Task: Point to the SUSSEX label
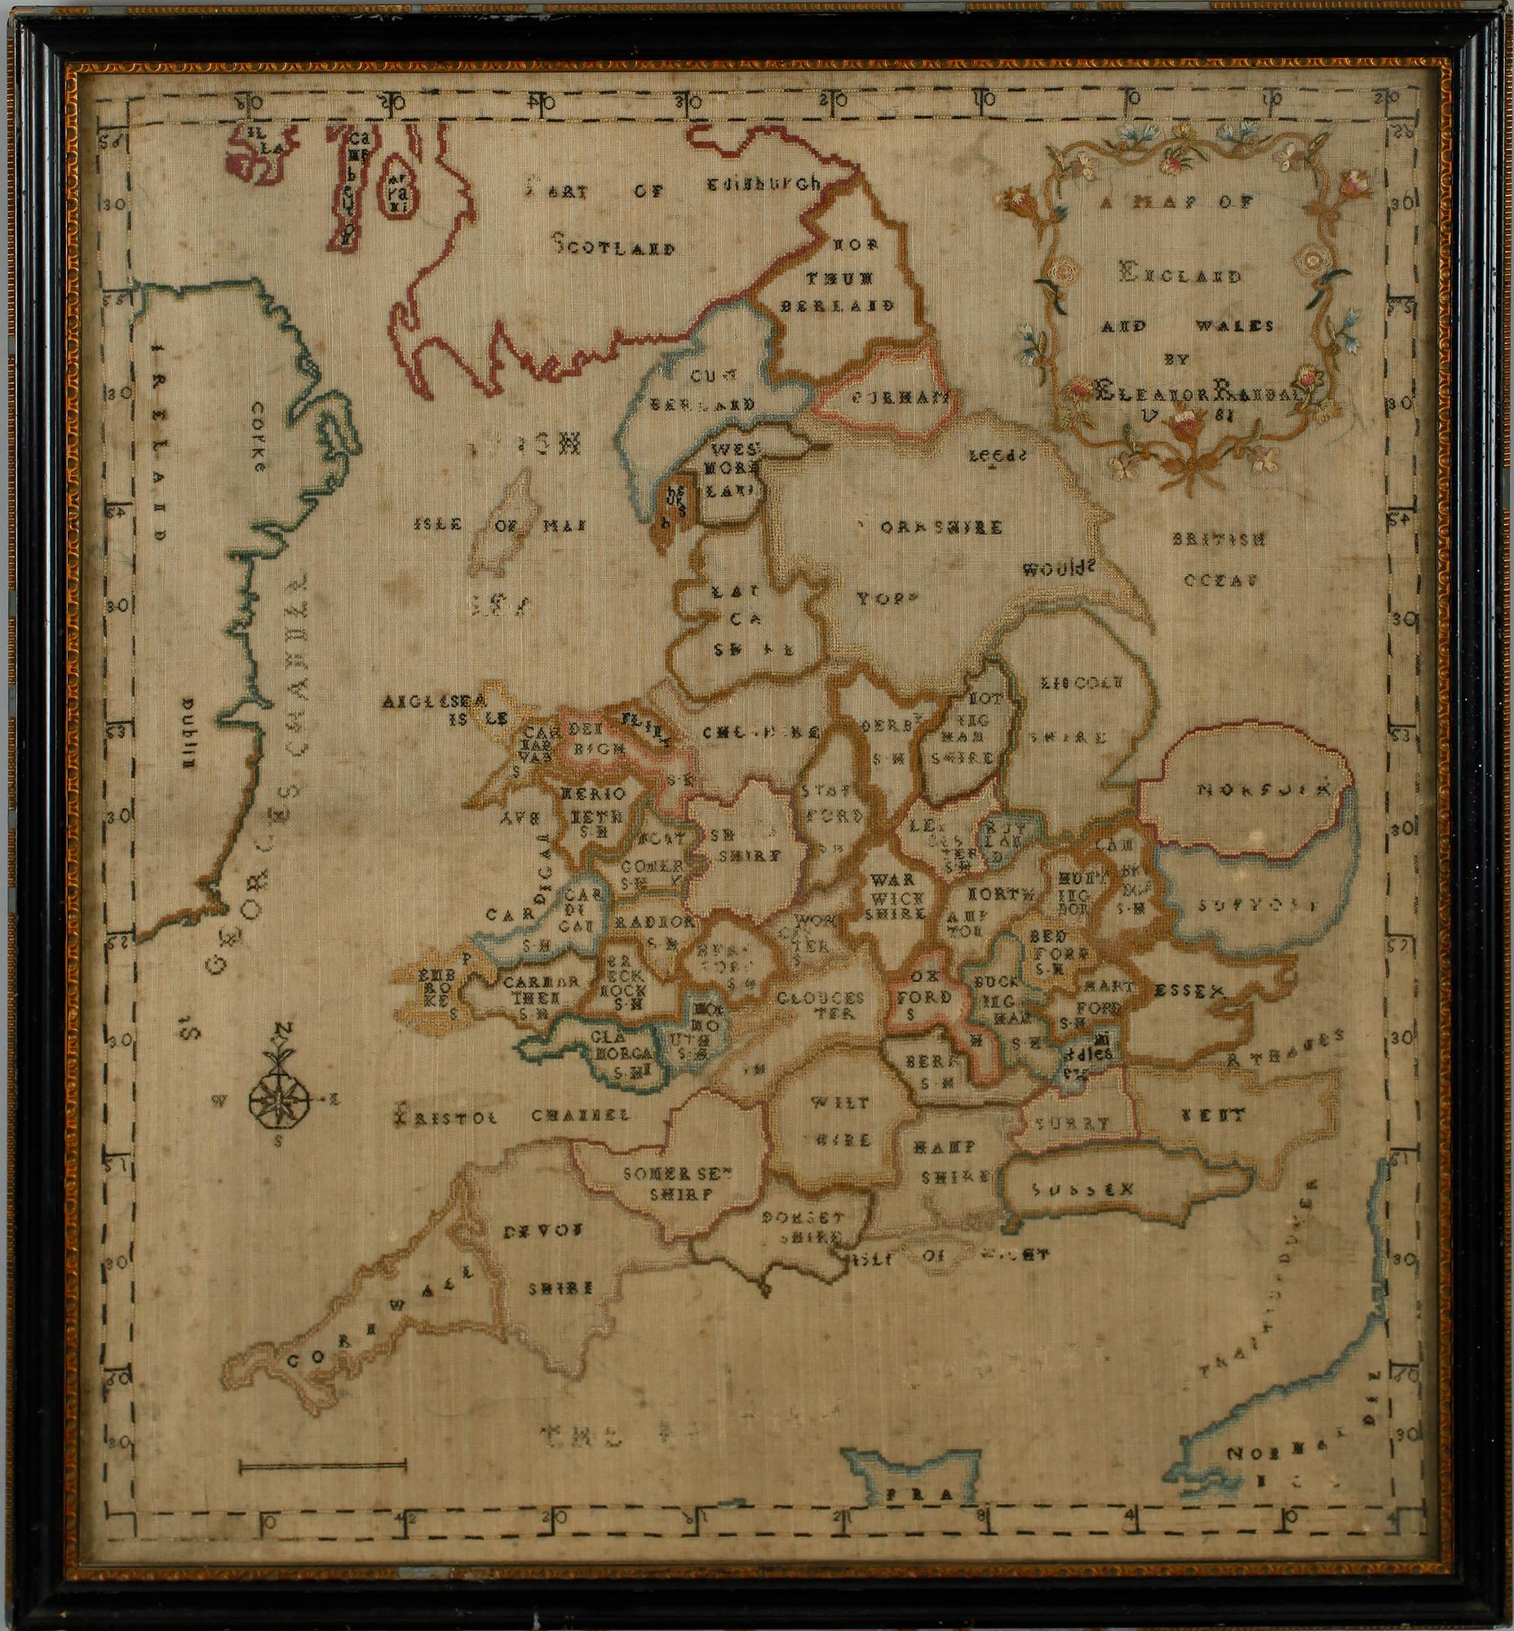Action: (1081, 1189)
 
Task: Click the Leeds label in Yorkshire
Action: (996, 456)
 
